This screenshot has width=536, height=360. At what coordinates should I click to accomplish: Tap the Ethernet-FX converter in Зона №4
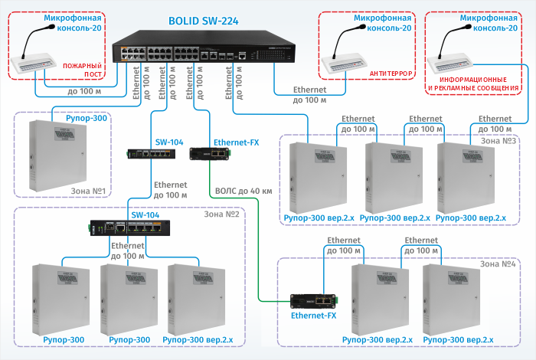pos(313,300)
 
